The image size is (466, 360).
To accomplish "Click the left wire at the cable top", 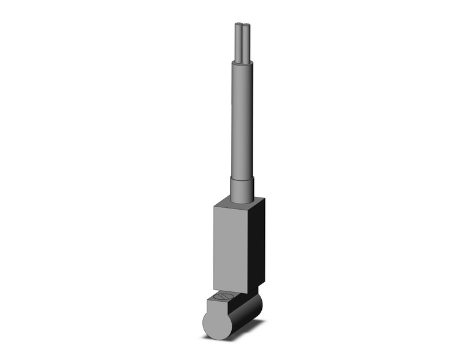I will click(238, 43).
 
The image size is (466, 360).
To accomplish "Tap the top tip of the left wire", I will click(238, 26).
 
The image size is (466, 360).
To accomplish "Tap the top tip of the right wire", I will click(245, 26).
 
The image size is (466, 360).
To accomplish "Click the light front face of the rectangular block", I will click(231, 245).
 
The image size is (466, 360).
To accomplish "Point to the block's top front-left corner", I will click(214, 206).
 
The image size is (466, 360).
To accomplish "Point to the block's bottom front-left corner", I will click(214, 288).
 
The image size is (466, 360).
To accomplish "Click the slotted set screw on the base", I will click(221, 299).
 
